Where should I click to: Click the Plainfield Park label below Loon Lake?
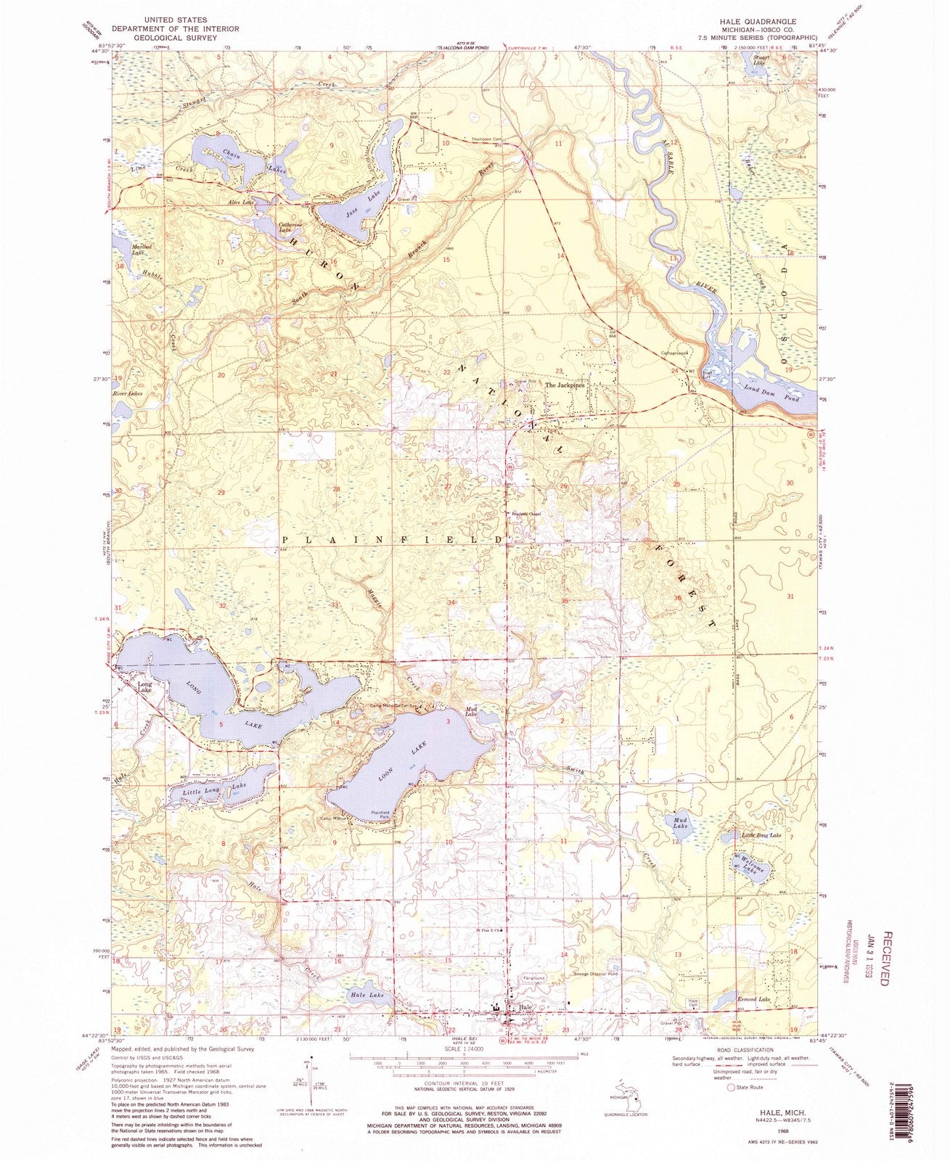pyautogui.click(x=382, y=814)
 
